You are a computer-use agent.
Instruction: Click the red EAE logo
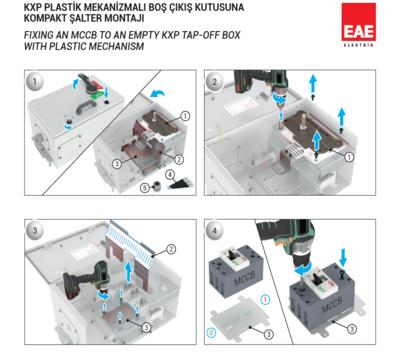tap(358, 25)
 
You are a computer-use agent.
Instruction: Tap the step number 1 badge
tap(35, 82)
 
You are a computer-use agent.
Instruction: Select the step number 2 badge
tap(215, 82)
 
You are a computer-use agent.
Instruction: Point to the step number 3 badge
tap(35, 231)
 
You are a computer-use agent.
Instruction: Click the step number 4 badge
tap(215, 231)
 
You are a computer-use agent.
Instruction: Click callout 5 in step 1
tap(145, 188)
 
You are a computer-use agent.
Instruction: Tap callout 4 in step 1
tap(170, 174)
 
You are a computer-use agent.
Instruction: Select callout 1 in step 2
tap(349, 157)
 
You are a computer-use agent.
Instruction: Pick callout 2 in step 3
tap(171, 249)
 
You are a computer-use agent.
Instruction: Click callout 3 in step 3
tap(146, 328)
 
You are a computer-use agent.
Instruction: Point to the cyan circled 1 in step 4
tap(266, 300)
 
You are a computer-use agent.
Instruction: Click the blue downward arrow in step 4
tap(343, 257)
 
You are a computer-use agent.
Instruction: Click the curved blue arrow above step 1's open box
tap(157, 94)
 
